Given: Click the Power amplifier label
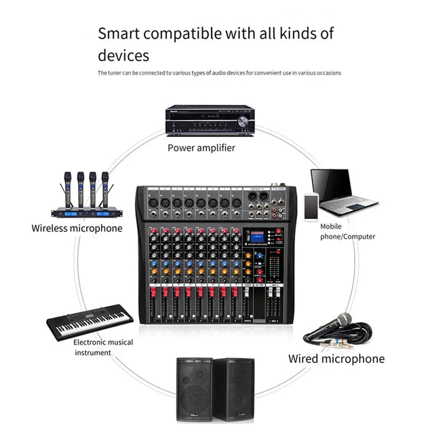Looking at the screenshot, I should [201, 147].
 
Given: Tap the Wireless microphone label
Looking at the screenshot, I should [77, 228].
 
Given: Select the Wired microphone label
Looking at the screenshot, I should [336, 359].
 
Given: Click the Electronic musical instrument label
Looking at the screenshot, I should [103, 347].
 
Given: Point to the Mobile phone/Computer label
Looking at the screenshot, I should [347, 231].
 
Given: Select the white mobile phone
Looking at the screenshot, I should [311, 207].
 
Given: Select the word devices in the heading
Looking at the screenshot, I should [123, 55].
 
